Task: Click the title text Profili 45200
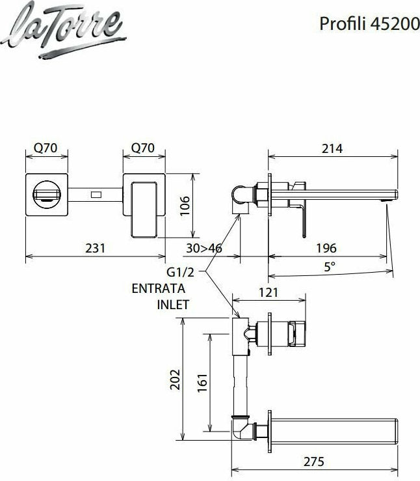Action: pos(365,23)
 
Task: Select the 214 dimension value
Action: pos(332,148)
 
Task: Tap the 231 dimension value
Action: pos(96,248)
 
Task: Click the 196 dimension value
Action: pos(326,248)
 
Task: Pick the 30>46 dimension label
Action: pos(203,248)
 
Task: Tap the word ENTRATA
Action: pos(159,288)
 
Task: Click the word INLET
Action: pos(172,304)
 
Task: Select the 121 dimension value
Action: pos(269,292)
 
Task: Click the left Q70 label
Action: pos(46,148)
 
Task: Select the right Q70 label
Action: pos(143,148)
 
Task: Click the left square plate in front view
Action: pos(47,195)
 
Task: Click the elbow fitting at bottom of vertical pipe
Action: pos(239,429)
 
